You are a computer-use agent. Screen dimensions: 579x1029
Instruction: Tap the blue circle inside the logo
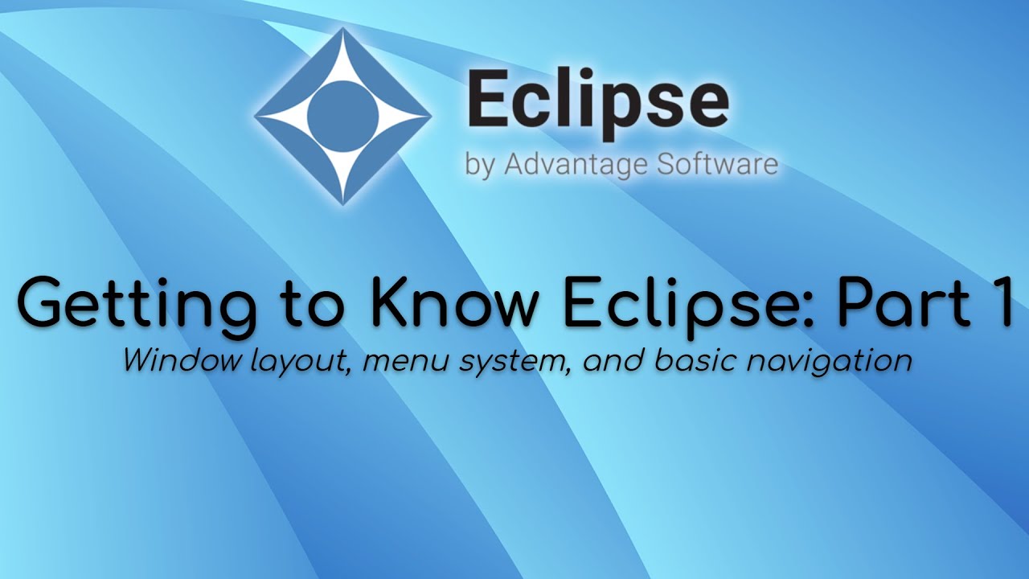pos(343,116)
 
